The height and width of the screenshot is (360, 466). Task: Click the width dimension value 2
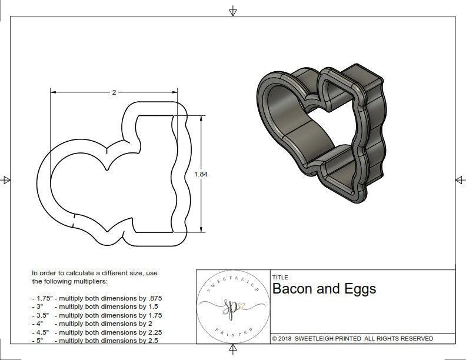114,92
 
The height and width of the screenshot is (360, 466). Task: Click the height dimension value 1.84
201,174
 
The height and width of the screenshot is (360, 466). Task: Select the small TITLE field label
280,277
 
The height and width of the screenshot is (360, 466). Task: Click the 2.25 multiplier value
153,332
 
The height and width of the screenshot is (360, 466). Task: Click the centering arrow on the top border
233,11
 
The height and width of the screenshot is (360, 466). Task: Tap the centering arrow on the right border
460,179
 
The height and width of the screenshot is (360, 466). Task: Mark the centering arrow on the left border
6,179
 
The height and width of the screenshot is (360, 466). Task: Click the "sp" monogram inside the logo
231,306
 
